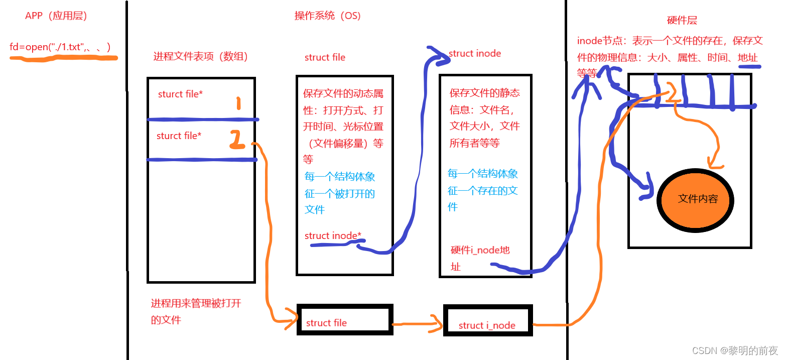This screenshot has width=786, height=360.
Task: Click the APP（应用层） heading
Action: click(x=56, y=16)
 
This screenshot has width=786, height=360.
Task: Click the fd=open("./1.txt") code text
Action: click(x=60, y=47)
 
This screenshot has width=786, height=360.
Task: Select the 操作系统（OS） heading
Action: click(x=327, y=16)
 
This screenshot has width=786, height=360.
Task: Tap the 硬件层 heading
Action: click(x=682, y=21)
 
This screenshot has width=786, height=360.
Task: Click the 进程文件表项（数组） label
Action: click(x=201, y=57)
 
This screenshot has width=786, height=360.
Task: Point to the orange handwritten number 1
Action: click(x=238, y=103)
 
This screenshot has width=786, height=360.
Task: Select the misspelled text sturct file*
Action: click(x=180, y=94)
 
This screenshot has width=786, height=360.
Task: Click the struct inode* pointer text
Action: click(x=333, y=236)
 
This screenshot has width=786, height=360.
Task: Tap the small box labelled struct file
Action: click(x=343, y=318)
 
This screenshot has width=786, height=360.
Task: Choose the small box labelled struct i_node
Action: click(x=487, y=320)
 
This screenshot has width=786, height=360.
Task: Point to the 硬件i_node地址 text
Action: click(x=480, y=250)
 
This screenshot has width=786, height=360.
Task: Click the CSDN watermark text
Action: click(x=735, y=350)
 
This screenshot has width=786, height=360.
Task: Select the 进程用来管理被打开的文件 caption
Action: click(x=196, y=311)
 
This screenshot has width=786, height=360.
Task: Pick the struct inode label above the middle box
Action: click(x=475, y=53)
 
